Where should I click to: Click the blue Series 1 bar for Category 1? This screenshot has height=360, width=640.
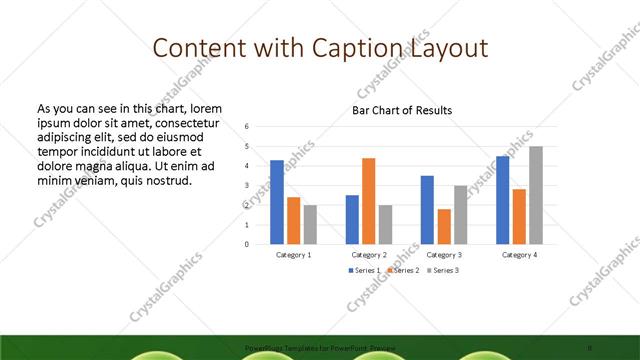277,202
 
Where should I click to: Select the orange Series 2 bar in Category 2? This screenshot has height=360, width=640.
369,201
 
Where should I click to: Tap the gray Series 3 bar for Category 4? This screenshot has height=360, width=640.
536,195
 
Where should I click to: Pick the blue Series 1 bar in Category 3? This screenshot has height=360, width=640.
427,209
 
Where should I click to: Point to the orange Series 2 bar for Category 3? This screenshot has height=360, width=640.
444,226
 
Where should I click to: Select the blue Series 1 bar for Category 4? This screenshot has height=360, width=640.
503,200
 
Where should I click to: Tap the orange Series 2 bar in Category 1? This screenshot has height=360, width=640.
294,220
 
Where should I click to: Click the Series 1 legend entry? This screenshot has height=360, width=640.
364,271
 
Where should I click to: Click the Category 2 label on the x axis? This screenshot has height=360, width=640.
369,255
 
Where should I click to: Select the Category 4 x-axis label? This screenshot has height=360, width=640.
519,255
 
